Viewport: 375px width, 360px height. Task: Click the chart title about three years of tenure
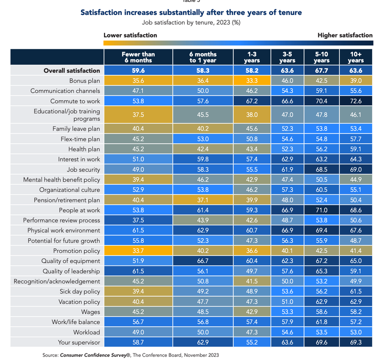point(191,12)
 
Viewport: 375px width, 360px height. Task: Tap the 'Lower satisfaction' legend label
point(130,35)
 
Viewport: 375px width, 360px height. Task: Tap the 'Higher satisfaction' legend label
point(345,35)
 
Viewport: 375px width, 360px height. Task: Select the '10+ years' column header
point(356,57)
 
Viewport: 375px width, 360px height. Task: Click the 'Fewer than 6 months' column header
point(138,57)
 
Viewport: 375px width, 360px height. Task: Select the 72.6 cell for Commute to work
point(356,101)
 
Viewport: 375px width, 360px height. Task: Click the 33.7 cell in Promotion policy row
point(138,251)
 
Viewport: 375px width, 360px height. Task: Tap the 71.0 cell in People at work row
point(322,210)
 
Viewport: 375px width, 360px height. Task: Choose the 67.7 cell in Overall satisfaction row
point(322,70)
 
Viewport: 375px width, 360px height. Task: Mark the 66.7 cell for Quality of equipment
point(203,261)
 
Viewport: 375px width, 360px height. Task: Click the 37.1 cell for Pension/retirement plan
point(203,200)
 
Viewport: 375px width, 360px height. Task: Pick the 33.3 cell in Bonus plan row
point(252,81)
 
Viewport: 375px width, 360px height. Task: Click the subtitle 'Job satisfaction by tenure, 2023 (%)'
point(191,22)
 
